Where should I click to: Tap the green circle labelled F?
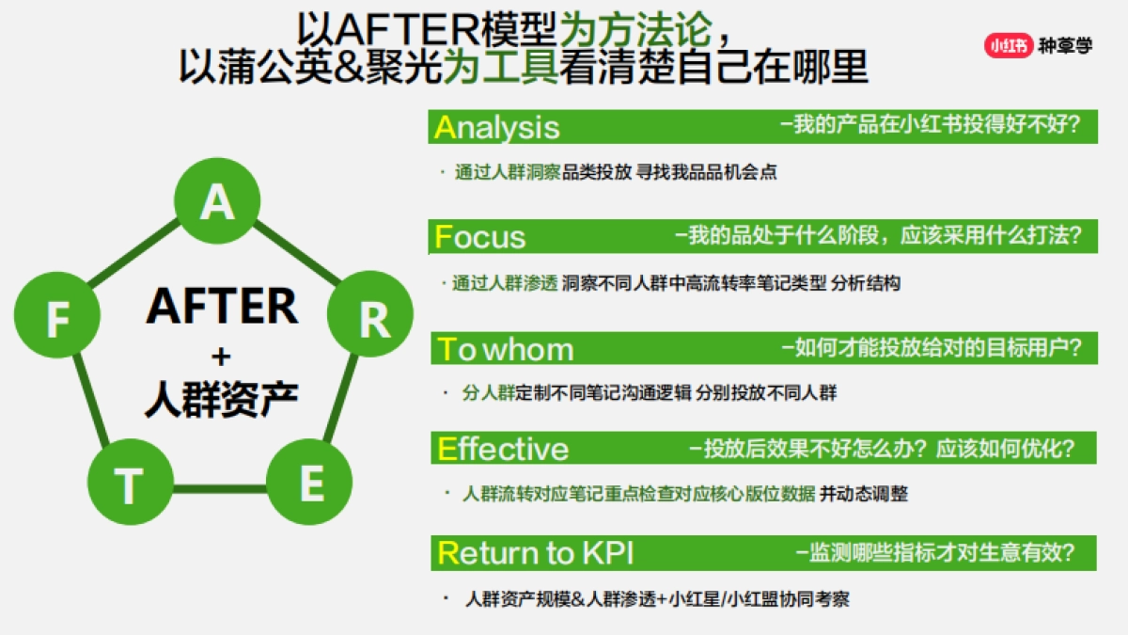point(57,320)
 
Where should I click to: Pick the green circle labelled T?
point(130,484)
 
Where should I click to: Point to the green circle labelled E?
point(309,484)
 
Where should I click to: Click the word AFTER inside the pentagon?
point(221,307)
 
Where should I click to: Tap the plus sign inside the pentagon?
point(221,356)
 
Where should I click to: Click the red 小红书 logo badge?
point(1009,45)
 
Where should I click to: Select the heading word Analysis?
point(497,127)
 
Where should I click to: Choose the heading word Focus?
point(480,236)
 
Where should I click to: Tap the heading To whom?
point(506,349)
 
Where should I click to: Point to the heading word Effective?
point(503,449)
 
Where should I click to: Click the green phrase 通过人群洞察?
point(508,172)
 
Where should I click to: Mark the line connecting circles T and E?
point(219,488)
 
